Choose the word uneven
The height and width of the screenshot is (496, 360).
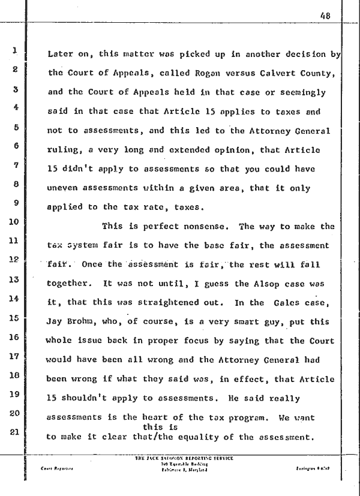tap(61, 188)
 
